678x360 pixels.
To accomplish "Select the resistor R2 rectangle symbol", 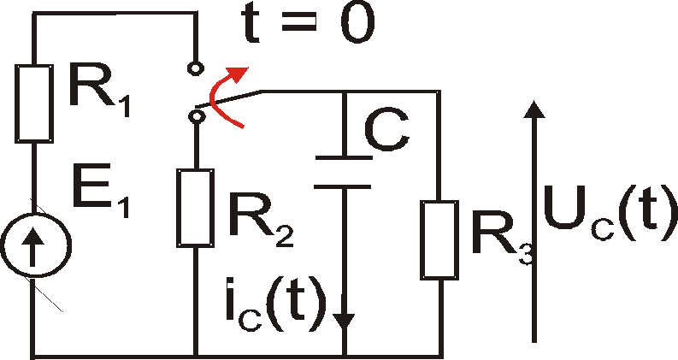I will [196, 206].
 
